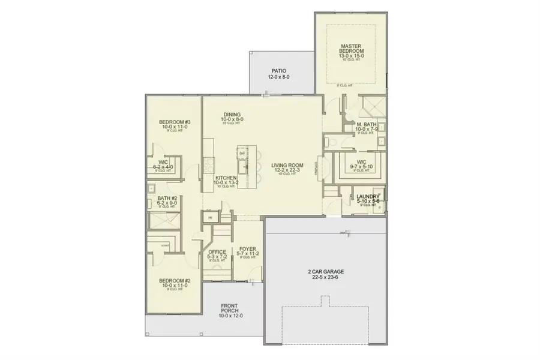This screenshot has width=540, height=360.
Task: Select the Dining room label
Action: [232, 115]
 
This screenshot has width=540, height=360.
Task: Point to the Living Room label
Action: [287, 165]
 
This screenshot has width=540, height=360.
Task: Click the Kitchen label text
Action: [226, 178]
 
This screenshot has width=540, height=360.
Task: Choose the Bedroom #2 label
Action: [175, 281]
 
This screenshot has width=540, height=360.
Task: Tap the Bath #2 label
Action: [166, 199]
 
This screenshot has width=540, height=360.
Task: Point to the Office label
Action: [217, 252]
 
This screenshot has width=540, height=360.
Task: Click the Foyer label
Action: [248, 248]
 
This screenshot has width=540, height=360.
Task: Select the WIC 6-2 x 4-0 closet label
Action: [163, 162]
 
